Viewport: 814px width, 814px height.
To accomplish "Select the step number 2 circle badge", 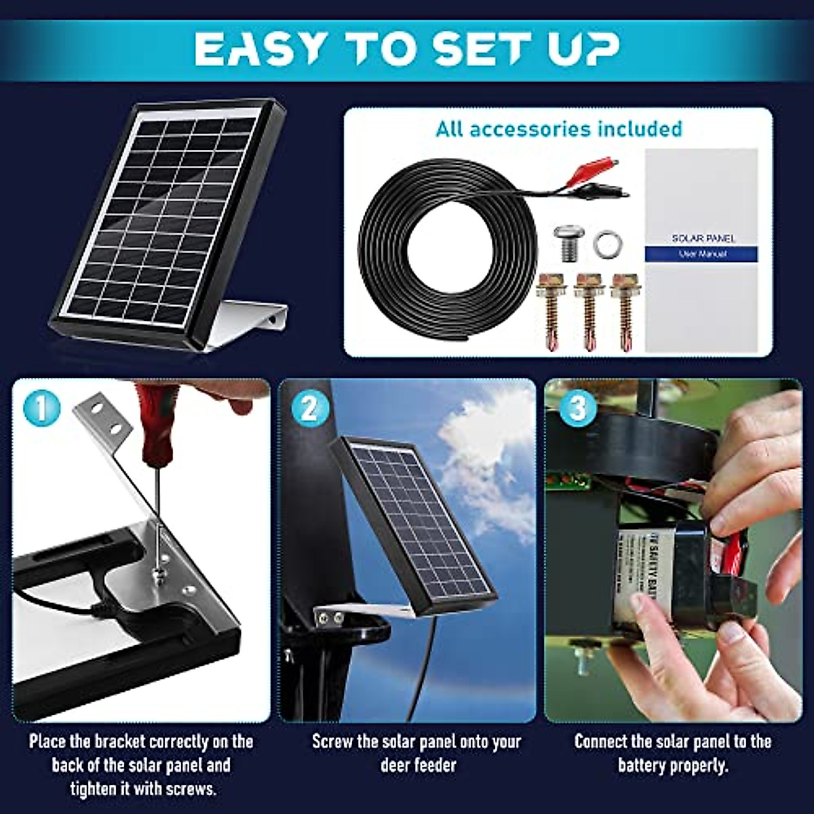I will (x=309, y=408).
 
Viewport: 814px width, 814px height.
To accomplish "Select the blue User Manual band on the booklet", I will (x=700, y=254).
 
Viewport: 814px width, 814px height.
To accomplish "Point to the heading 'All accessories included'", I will (x=558, y=129).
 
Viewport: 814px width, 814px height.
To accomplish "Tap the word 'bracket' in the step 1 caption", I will (x=119, y=741).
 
